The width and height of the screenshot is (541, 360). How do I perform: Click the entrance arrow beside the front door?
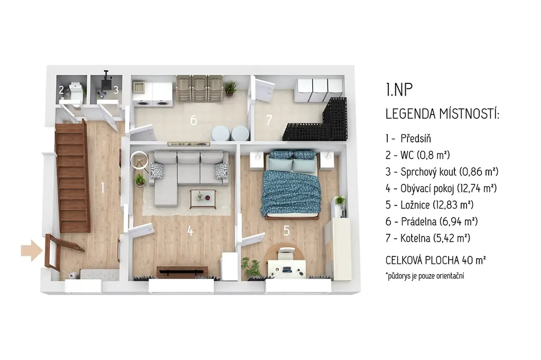point(32,250)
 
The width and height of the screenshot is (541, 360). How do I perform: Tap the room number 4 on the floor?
point(190,231)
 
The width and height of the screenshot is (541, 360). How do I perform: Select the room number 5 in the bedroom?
point(287,231)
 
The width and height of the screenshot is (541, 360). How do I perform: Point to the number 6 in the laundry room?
point(193,120)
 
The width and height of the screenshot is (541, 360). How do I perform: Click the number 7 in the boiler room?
point(269,120)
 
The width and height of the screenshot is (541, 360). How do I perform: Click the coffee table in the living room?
point(203,199)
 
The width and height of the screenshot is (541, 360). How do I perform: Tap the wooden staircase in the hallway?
point(73,176)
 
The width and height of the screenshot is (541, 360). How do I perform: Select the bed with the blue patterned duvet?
point(292,184)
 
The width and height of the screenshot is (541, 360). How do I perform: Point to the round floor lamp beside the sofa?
point(139,160)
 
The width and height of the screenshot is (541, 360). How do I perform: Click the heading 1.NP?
point(399,89)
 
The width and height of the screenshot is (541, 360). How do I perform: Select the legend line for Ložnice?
point(429,205)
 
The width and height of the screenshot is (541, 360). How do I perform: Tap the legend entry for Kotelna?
point(428,238)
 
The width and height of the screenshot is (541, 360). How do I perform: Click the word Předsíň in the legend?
point(416,139)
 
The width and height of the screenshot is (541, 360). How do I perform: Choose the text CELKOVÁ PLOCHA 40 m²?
point(435,260)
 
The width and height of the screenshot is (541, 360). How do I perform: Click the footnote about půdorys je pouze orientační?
point(425,276)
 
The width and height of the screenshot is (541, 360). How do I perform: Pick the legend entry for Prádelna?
point(432,221)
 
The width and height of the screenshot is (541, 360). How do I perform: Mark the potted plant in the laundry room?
point(230,88)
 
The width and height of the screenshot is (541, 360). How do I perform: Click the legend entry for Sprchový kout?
point(442,172)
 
